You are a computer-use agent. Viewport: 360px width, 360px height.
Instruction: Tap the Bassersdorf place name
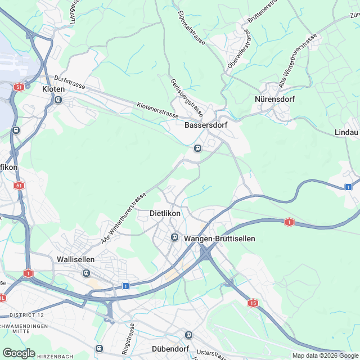(x=205, y=125)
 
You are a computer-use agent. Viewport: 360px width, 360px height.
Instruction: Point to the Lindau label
(x=346, y=132)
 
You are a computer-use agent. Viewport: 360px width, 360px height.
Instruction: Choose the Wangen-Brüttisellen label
(x=220, y=238)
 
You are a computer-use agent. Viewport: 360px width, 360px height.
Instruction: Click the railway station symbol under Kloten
(x=58, y=101)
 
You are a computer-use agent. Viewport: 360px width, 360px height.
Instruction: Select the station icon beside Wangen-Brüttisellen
(x=175, y=238)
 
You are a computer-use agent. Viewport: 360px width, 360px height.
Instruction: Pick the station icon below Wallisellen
(x=86, y=273)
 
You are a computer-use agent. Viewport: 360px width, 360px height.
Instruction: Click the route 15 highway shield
(x=254, y=304)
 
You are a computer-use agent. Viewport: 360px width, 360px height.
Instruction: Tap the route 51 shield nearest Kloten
(x=19, y=87)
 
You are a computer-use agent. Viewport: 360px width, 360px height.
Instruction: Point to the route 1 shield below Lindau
(x=349, y=187)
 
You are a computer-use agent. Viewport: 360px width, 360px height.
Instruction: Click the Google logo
(x=19, y=353)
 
